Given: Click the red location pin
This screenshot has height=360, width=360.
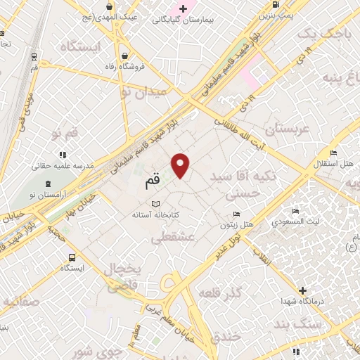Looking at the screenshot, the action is (x=181, y=165).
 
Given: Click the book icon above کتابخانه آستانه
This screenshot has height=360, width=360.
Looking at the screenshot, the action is (x=155, y=203).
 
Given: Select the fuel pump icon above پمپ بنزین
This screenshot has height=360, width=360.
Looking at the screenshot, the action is (x=273, y=5).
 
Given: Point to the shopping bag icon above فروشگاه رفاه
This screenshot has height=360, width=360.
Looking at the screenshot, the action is (x=124, y=56).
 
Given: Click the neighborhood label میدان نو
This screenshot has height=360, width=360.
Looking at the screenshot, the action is (x=143, y=91).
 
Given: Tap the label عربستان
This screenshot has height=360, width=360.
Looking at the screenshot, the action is (x=286, y=129).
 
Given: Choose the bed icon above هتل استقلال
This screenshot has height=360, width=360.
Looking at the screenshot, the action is (x=333, y=153).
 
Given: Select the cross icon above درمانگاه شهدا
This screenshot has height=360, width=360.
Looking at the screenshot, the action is (x=302, y=290).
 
